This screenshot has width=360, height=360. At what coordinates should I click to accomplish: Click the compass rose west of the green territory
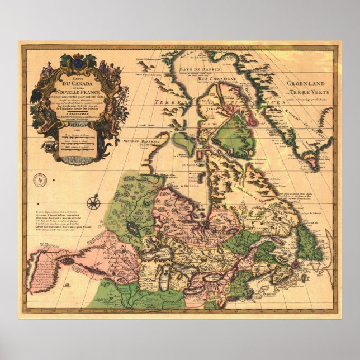[94, 202]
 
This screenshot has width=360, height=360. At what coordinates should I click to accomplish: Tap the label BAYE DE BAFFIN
[193, 69]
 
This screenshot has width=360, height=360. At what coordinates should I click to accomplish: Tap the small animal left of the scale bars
[51, 147]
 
